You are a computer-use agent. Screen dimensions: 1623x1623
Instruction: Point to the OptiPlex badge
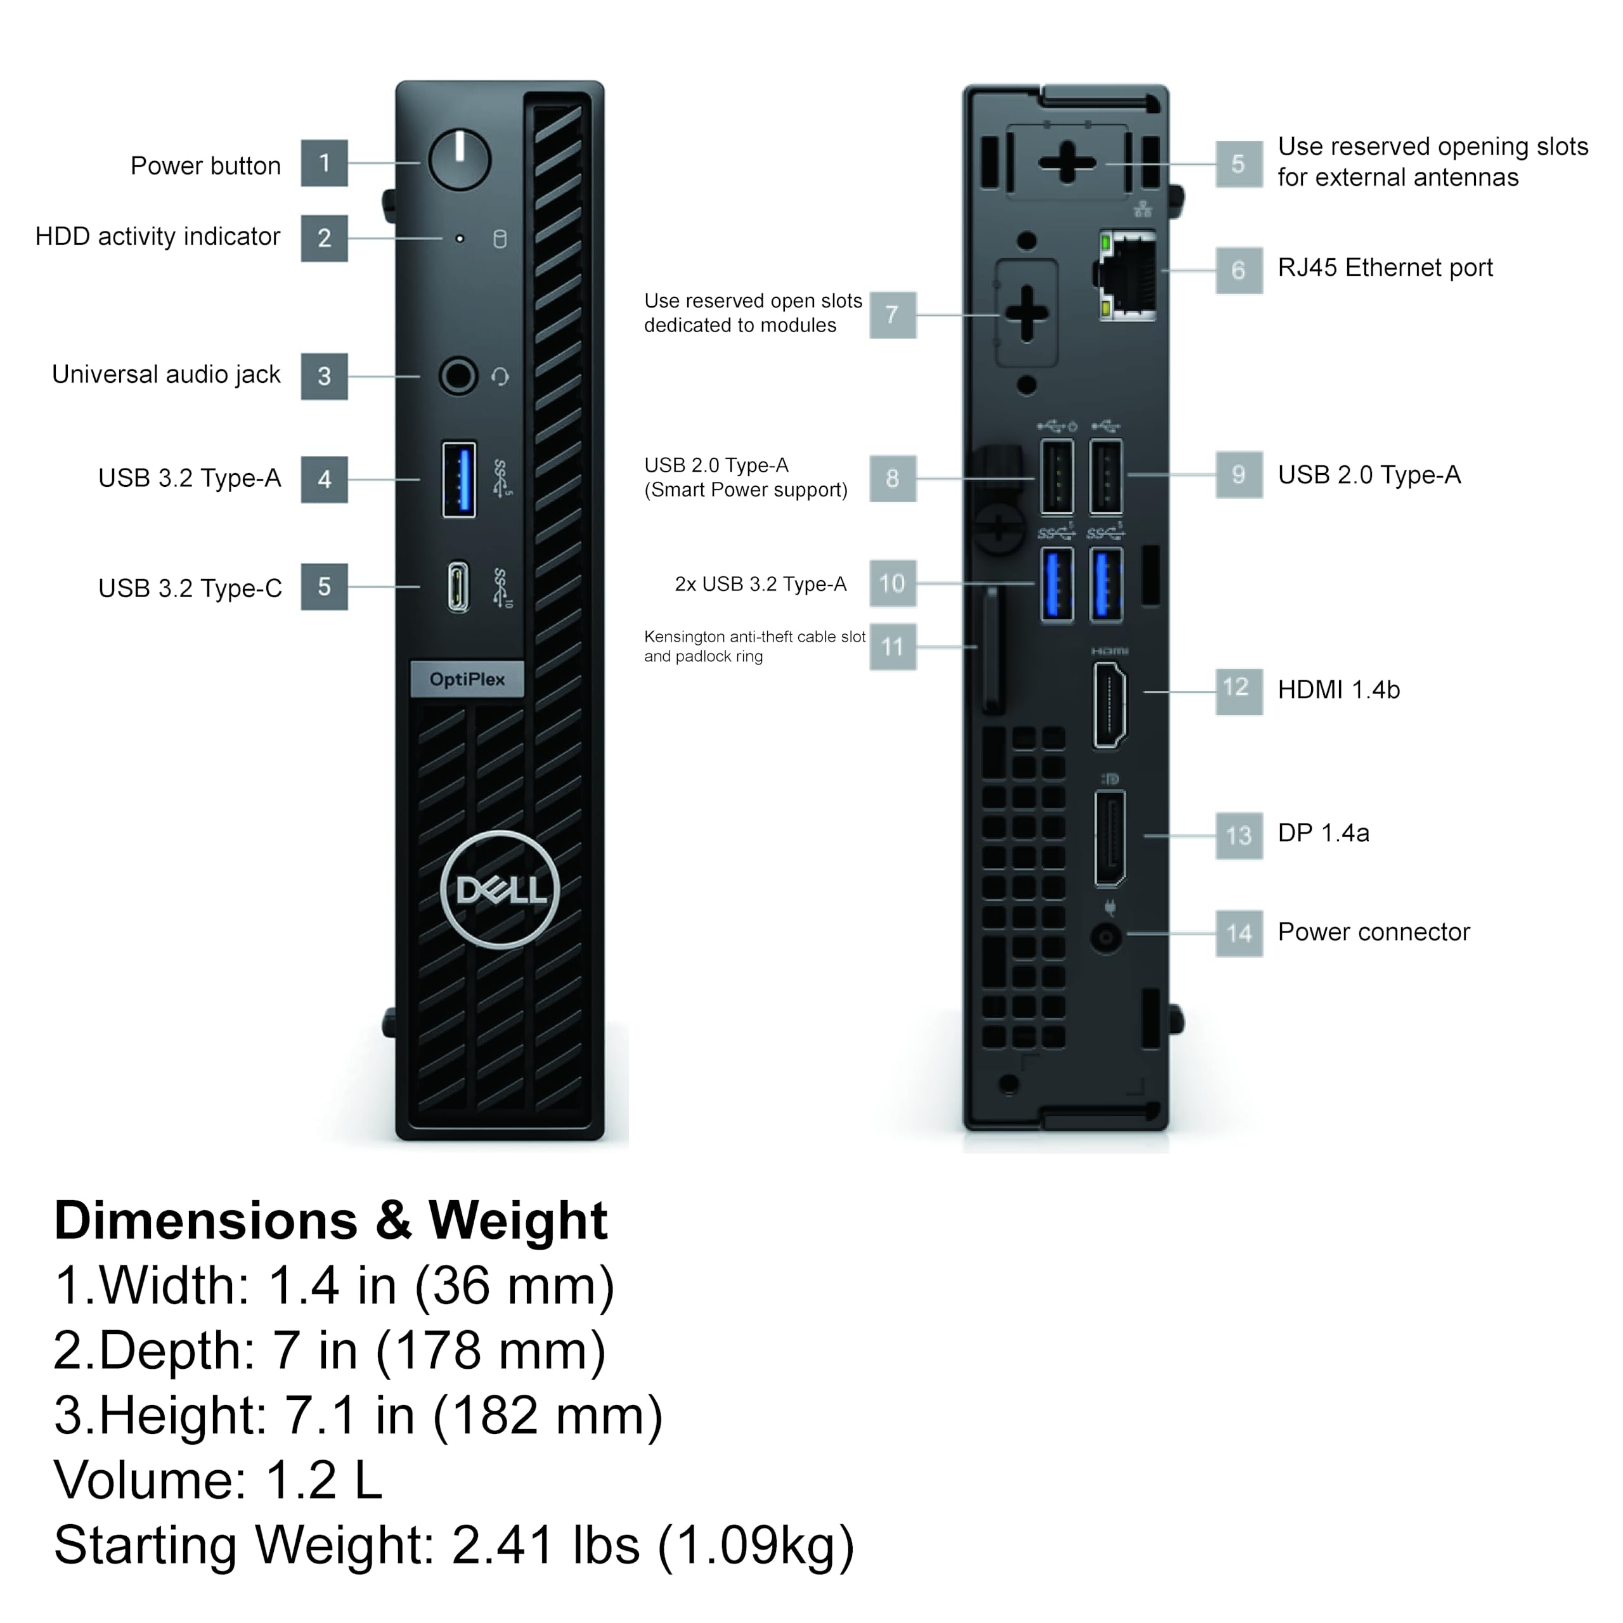point(467,679)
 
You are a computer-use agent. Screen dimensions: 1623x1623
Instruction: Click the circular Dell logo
point(500,889)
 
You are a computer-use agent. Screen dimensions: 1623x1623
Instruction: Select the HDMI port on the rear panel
point(1109,704)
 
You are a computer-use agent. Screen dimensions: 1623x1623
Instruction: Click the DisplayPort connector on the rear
point(1109,837)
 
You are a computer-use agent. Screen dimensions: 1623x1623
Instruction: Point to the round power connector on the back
point(1106,936)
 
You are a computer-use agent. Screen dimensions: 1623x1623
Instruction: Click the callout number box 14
point(1238,933)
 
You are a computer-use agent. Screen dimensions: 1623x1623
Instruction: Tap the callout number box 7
point(892,315)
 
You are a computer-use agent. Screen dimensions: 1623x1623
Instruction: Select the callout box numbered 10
point(892,583)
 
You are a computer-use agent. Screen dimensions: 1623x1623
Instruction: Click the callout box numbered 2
point(324,238)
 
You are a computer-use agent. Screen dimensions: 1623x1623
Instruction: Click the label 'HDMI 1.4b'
point(1338,690)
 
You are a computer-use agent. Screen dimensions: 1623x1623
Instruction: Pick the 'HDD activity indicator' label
point(157,237)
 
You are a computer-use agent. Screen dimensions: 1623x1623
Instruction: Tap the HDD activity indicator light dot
point(460,238)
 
